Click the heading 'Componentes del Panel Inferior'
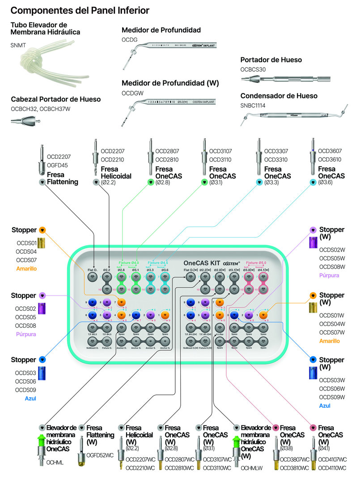80,10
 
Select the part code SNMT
19,46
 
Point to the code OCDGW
131,93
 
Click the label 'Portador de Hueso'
271,59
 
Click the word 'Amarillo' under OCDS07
26,269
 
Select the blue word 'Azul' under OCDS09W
325,406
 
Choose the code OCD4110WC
332,468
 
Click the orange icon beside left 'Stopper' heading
42,230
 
